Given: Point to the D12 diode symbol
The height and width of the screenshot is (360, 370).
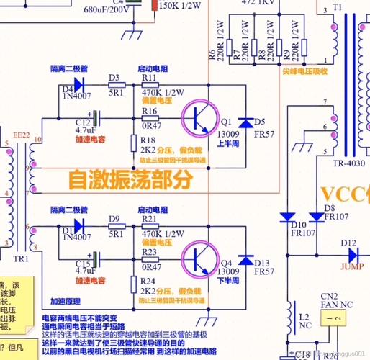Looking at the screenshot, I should coord(353,255).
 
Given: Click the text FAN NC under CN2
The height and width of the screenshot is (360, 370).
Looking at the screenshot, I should coord(332,303).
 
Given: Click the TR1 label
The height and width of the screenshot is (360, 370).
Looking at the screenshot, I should coord(21,257).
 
